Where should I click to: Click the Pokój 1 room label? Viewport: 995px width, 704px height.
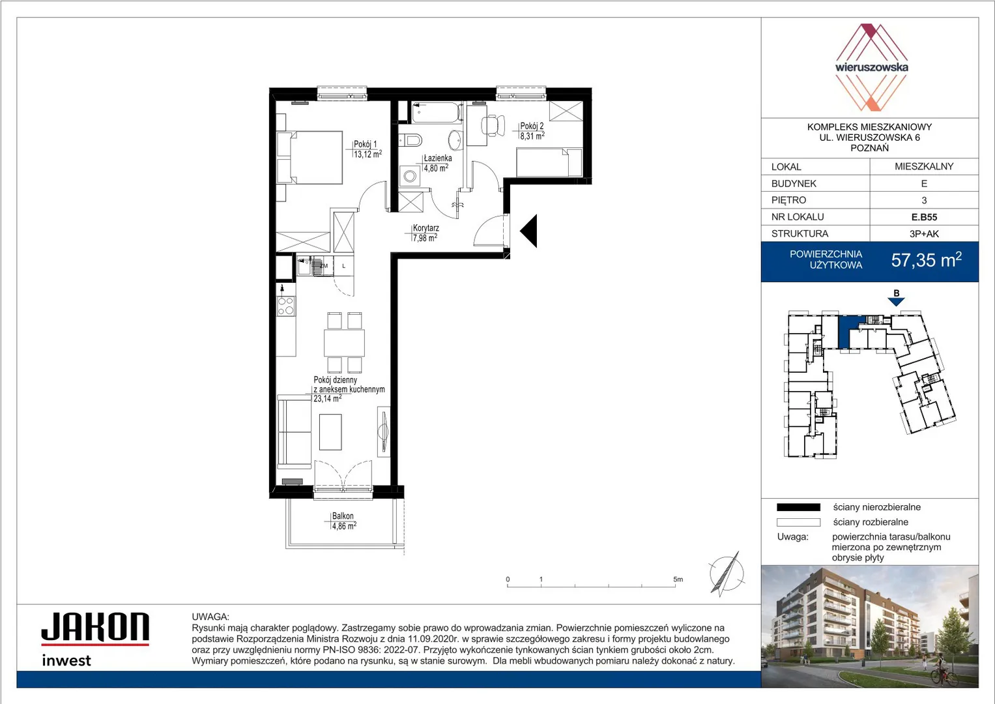[365, 145]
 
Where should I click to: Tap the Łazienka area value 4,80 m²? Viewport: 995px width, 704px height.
[436, 168]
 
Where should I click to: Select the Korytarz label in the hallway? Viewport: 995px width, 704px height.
[426, 228]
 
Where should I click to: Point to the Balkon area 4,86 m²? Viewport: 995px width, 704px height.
[344, 526]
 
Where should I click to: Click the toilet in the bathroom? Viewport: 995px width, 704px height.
[411, 140]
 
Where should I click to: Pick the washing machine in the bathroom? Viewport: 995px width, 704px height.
[410, 177]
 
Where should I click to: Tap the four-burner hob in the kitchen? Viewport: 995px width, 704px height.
[285, 306]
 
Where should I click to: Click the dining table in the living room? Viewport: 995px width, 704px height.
[344, 343]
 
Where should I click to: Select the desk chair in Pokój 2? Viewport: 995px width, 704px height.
[493, 125]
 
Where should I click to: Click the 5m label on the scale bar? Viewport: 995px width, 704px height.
[678, 579]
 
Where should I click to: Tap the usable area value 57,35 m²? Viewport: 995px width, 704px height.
[926, 260]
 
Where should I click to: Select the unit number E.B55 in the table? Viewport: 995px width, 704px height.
[924, 217]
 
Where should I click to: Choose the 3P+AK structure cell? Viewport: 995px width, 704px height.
[924, 234]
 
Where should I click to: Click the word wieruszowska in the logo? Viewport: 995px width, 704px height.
[871, 68]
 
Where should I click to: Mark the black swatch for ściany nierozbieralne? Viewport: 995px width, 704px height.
[798, 507]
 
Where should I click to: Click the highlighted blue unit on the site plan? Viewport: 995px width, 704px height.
[844, 332]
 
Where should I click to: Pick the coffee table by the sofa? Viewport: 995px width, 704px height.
[330, 432]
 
